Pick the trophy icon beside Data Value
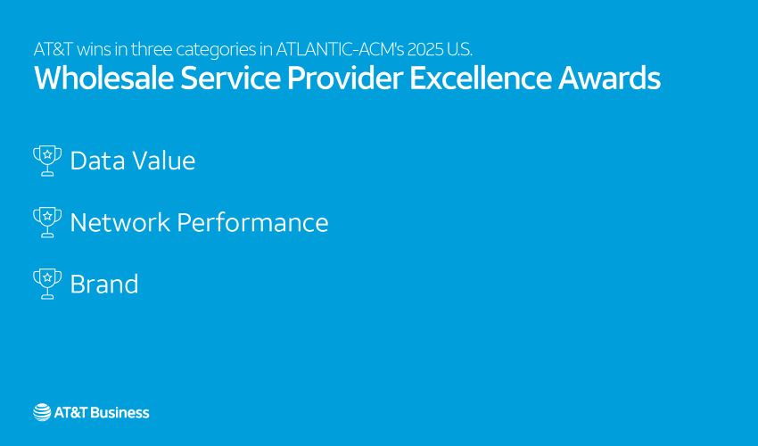pyautogui.click(x=47, y=161)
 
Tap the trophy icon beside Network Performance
pyautogui.click(x=47, y=222)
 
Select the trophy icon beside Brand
pyautogui.click(x=47, y=284)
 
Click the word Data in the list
pyautogui.click(x=95, y=161)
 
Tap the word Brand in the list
pyautogui.click(x=104, y=285)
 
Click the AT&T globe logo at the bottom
pyautogui.click(x=42, y=412)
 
